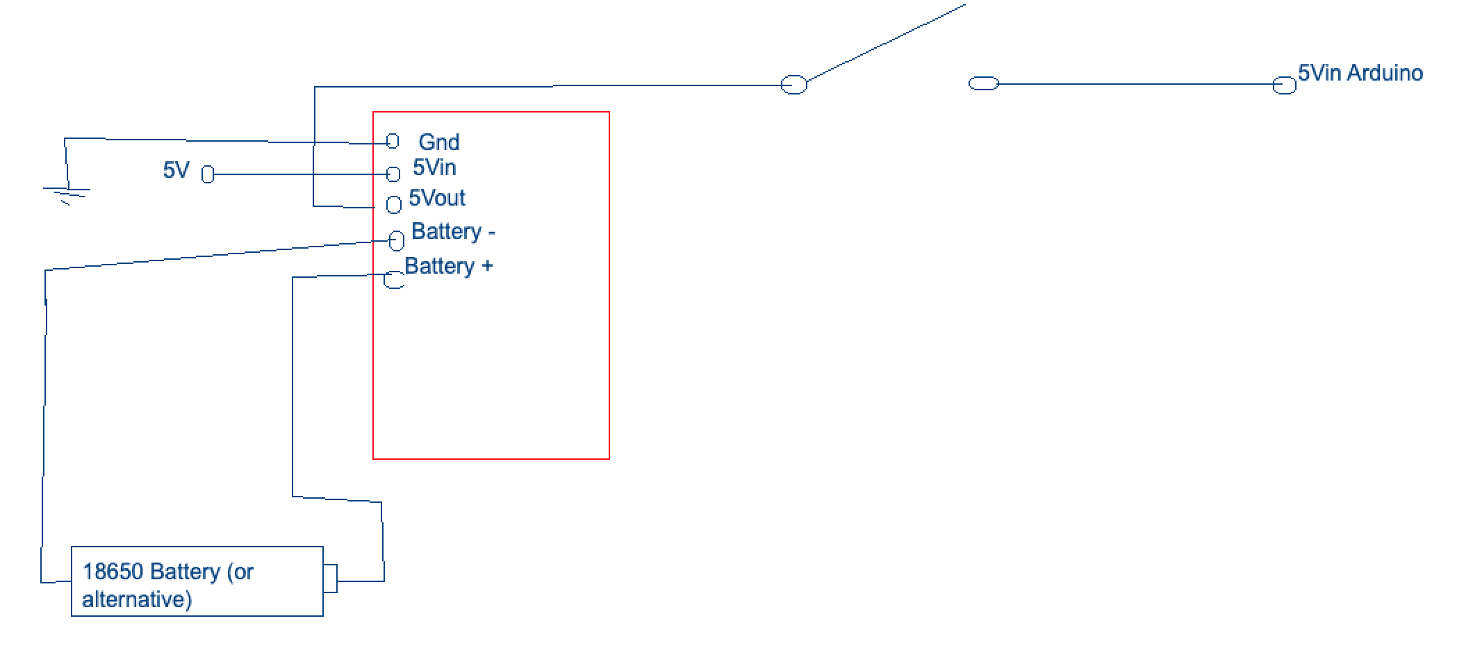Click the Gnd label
tap(438, 142)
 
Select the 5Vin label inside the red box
tap(434, 167)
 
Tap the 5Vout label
tap(437, 198)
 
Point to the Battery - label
tap(453, 231)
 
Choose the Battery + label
tap(449, 266)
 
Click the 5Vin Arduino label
tap(1360, 73)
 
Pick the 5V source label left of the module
tap(176, 170)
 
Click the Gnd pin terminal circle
tap(393, 141)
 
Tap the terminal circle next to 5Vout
tap(394, 204)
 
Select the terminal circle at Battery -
tap(397, 240)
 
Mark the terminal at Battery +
tap(394, 280)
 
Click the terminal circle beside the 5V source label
tap(208, 174)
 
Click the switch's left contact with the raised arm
tap(794, 85)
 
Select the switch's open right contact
tap(983, 83)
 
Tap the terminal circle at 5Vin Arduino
tap(1284, 85)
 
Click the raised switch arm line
tap(886, 42)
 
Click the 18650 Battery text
tap(151, 572)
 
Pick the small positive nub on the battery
tap(331, 579)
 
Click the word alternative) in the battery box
tap(137, 599)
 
